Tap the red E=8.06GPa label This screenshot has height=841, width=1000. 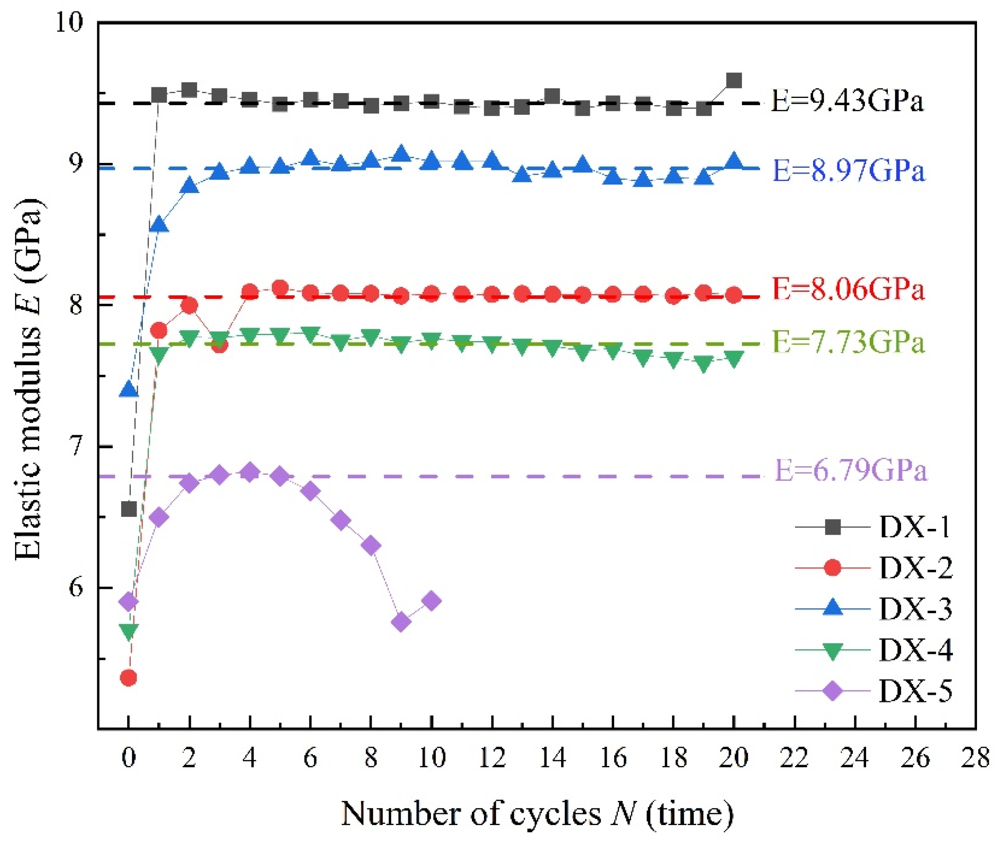pyautogui.click(x=849, y=290)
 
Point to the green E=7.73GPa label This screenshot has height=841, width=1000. pyautogui.click(x=849, y=343)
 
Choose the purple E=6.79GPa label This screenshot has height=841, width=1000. pyautogui.click(x=851, y=471)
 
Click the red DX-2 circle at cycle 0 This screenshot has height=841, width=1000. pyautogui.click(x=128, y=678)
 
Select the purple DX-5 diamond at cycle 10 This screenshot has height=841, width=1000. pyautogui.click(x=431, y=601)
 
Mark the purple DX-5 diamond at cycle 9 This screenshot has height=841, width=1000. pyautogui.click(x=401, y=622)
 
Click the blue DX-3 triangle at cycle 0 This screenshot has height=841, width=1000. pyautogui.click(x=128, y=389)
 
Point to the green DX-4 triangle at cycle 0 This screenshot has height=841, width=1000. pyautogui.click(x=128, y=632)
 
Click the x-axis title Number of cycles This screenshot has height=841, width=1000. pyautogui.click(x=537, y=813)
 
